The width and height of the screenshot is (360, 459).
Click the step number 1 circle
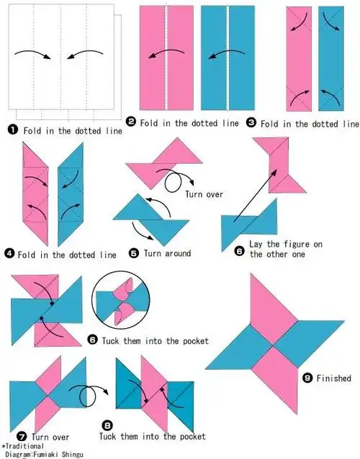point(13,129)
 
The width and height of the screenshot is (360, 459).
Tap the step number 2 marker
point(130,122)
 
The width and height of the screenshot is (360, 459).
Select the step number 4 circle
point(9,253)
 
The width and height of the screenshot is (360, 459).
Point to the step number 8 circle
point(107,425)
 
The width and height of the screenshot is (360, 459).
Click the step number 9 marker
point(307,378)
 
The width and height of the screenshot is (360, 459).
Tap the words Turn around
point(167,253)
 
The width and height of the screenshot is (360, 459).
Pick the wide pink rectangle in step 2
point(166,58)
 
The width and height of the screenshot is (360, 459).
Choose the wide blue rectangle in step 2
point(228,58)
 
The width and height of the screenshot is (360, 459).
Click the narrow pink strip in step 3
point(299,59)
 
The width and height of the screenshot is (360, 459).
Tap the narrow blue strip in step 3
point(331,58)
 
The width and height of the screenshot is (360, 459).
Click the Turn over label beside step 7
point(50,437)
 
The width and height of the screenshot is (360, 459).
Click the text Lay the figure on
point(286,244)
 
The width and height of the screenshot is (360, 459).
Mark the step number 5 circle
point(134,253)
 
